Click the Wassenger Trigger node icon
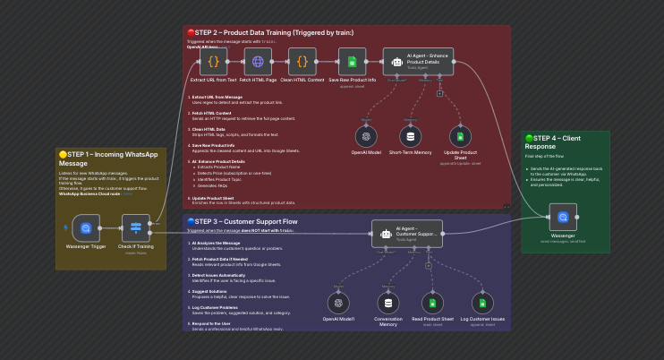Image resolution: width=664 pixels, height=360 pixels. [x=86, y=228]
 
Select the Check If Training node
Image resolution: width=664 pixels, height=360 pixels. [x=136, y=228]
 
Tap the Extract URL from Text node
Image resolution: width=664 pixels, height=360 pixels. [x=213, y=63]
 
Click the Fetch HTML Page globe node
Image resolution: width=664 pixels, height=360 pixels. [x=259, y=63]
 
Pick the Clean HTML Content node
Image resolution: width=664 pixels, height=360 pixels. [x=302, y=63]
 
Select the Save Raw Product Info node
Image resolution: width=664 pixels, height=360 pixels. [x=353, y=63]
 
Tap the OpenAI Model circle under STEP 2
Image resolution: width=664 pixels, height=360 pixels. [x=366, y=137]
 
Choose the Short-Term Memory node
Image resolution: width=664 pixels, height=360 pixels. [x=411, y=137]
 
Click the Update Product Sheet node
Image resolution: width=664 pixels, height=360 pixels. [x=461, y=137]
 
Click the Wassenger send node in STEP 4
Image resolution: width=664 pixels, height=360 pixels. [x=564, y=217]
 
